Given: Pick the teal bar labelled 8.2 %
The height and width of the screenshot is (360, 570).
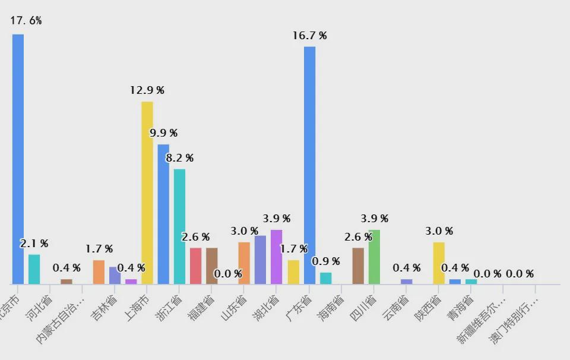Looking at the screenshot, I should click(x=179, y=226).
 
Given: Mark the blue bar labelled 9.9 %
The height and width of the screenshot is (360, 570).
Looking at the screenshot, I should click(x=163, y=214).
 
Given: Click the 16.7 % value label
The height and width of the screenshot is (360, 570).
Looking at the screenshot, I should click(x=309, y=36).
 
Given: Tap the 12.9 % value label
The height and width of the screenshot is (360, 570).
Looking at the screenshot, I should click(x=147, y=90).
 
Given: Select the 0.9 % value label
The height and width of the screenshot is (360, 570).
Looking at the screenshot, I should click(x=326, y=261).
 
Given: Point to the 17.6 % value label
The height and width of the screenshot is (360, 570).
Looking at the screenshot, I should click(x=26, y=21).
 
